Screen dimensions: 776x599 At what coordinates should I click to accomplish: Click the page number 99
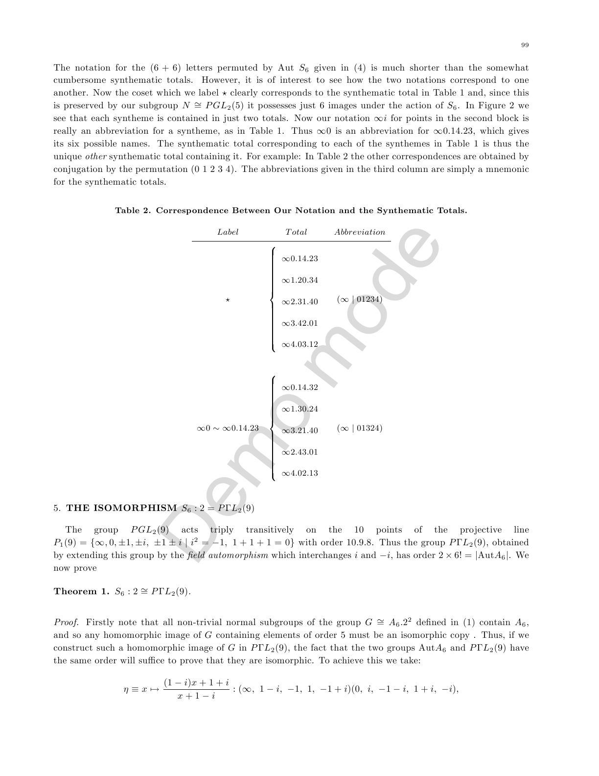pos(525,45)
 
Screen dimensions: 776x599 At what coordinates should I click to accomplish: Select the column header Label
pos(228,232)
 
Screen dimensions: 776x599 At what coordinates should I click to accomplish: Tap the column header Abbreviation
pos(360,232)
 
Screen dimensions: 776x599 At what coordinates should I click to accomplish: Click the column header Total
pos(296,232)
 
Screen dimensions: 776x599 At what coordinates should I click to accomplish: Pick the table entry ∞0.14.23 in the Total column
pos(300,259)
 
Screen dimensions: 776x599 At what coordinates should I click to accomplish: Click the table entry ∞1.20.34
pos(300,280)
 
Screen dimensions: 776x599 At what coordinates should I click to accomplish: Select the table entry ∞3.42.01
pos(300,323)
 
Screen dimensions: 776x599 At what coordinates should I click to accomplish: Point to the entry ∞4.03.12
pos(300,344)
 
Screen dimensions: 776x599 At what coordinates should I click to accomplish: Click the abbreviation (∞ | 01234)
pos(360,299)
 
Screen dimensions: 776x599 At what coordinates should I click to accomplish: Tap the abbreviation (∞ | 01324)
pos(360,428)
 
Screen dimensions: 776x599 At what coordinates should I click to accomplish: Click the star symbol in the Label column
pos(228,299)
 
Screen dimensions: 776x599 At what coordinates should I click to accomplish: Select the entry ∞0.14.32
pos(300,388)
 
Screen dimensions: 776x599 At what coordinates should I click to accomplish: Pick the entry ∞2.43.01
pos(300,452)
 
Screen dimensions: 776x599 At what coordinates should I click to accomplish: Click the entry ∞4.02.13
pos(300,473)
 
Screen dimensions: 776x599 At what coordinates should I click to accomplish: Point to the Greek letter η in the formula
pos(126,689)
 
